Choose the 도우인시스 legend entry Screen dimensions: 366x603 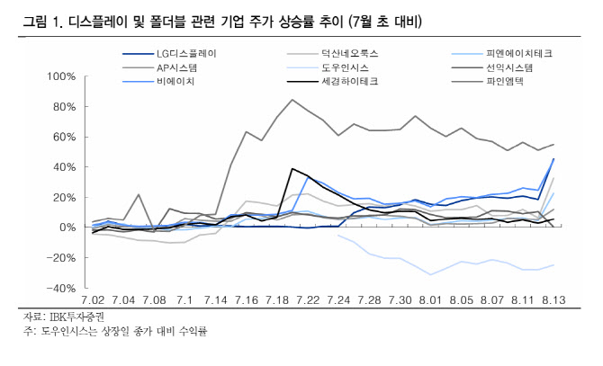(x=346, y=67)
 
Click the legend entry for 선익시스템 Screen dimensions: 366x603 (x=509, y=67)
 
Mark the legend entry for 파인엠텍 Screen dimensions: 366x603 (x=504, y=82)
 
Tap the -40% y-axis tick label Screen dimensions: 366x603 (x=59, y=288)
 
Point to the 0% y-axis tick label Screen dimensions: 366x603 (x=67, y=228)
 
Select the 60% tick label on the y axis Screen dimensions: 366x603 (x=63, y=137)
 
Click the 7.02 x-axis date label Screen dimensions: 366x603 (x=94, y=299)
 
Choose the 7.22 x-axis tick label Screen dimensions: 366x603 (x=307, y=299)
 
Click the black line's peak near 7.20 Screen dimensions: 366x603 (x=292, y=168)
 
